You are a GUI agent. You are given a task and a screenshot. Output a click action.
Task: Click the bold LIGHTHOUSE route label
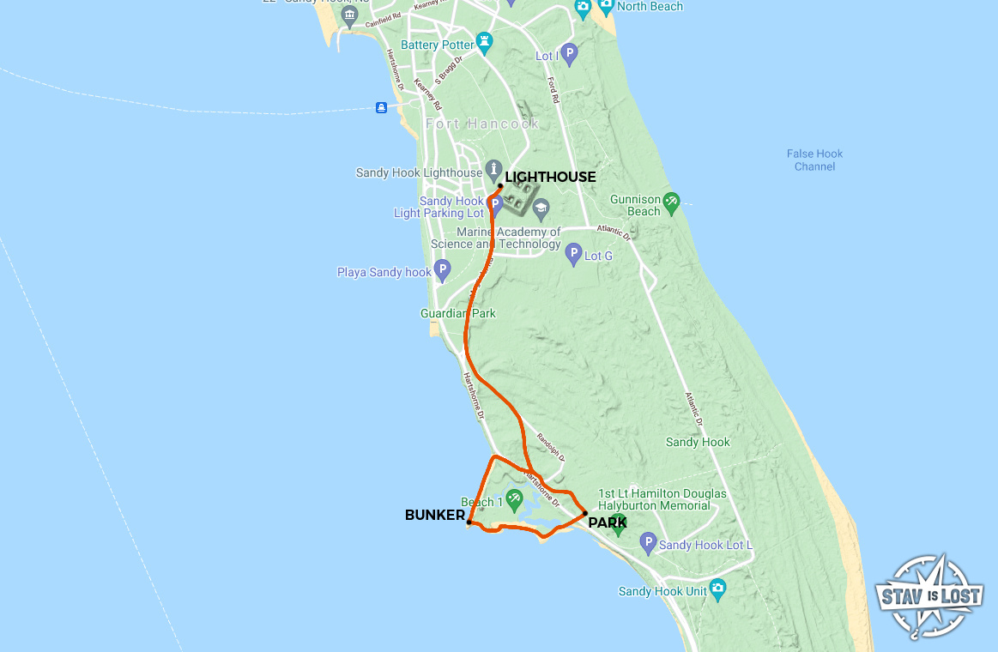tap(550, 177)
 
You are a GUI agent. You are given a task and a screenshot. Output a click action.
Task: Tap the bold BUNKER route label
tap(434, 515)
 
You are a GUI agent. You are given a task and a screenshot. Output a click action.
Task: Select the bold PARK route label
tap(608, 522)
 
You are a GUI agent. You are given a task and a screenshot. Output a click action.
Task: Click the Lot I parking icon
tap(569, 53)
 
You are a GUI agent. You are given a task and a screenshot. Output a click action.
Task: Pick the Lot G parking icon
tap(574, 253)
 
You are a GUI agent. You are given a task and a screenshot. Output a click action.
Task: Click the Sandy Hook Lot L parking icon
tap(648, 543)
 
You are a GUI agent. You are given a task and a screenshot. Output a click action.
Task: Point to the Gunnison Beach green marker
tap(671, 202)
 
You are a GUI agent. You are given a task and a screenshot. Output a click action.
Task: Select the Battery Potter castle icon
tap(486, 41)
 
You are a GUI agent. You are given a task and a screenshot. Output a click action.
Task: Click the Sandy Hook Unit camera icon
tap(718, 589)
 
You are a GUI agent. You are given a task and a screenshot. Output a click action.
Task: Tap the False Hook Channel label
tap(814, 160)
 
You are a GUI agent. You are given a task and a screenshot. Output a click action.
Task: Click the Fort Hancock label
tap(483, 124)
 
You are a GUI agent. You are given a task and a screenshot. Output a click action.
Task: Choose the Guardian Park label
tap(458, 314)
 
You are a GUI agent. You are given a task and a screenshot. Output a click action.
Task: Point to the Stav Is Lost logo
tap(929, 596)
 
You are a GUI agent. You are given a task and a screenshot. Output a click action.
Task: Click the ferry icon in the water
tap(381, 107)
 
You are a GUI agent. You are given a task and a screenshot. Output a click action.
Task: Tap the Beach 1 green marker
tap(514, 498)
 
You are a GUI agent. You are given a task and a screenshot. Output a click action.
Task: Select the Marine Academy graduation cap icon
tap(541, 208)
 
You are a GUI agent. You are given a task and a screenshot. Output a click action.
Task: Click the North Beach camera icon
tap(606, 8)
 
